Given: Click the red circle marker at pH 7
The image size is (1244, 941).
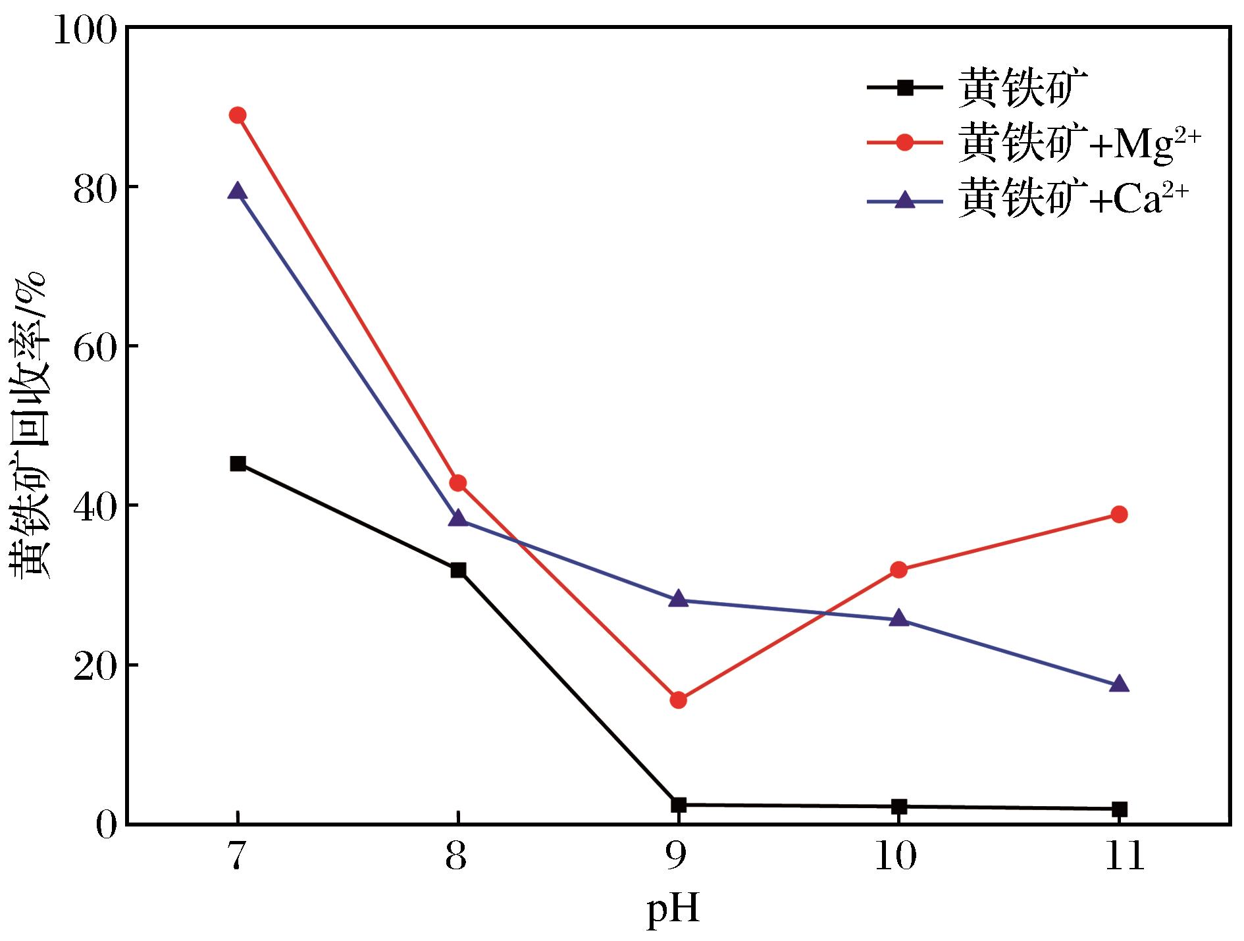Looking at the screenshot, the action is pos(238,115).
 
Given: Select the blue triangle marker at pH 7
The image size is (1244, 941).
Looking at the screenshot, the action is pos(238,191).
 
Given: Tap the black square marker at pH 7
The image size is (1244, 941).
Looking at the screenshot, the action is pos(238,464).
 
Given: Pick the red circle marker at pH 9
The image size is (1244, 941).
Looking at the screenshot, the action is pos(678,700).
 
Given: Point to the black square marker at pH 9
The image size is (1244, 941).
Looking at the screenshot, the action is pos(678,805).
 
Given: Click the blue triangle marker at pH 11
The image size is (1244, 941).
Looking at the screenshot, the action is pos(1119,684).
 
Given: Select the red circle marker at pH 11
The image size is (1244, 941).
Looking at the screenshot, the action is pos(1119,515).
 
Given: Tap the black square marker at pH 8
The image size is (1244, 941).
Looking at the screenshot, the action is pos(458,570).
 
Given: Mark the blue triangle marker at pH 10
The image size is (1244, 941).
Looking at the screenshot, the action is pos(899,619).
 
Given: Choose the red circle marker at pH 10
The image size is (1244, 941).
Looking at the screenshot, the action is pos(899,570).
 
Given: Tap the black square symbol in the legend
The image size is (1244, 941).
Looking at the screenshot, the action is pos(906,87).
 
